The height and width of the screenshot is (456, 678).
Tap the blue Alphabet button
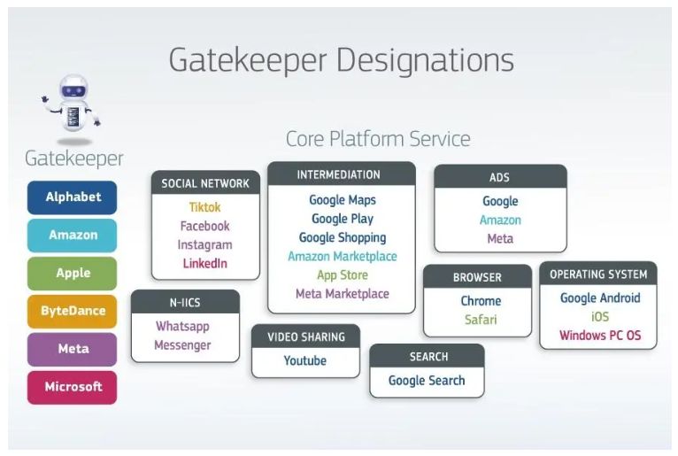click(x=73, y=197)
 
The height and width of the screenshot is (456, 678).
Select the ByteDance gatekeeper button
click(x=73, y=311)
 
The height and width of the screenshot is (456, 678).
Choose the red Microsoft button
click(x=73, y=387)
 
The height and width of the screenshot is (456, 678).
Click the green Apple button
click(x=73, y=273)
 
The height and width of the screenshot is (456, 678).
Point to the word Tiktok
click(x=204, y=207)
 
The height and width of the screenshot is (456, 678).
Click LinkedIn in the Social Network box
click(x=204, y=263)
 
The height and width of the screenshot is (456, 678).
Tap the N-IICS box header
click(x=185, y=302)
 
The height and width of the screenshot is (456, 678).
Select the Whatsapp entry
click(x=182, y=326)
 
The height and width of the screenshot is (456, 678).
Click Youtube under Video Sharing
click(x=305, y=360)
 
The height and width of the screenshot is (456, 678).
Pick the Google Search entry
click(x=427, y=381)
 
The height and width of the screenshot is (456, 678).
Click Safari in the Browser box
click(x=481, y=320)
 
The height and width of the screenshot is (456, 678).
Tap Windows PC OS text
click(x=600, y=336)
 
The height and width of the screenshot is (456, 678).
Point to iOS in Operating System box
click(x=600, y=317)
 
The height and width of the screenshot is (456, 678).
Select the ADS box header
click(x=499, y=177)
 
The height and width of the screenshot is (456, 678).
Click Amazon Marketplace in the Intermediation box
click(x=342, y=257)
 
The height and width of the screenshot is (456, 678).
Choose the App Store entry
click(x=342, y=275)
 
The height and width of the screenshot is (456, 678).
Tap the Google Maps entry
click(x=342, y=200)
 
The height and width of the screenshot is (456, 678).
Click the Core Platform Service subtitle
click(x=378, y=139)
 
